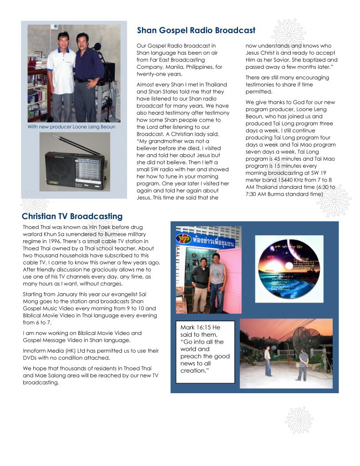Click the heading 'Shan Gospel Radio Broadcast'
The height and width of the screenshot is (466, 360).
click(x=196, y=30)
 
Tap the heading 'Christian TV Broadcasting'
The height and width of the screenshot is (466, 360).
click(x=72, y=216)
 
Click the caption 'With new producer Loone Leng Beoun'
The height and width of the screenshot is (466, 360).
click(x=71, y=127)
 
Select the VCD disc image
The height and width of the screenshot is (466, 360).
click(x=289, y=268)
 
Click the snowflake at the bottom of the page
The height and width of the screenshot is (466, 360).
click(x=299, y=420)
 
